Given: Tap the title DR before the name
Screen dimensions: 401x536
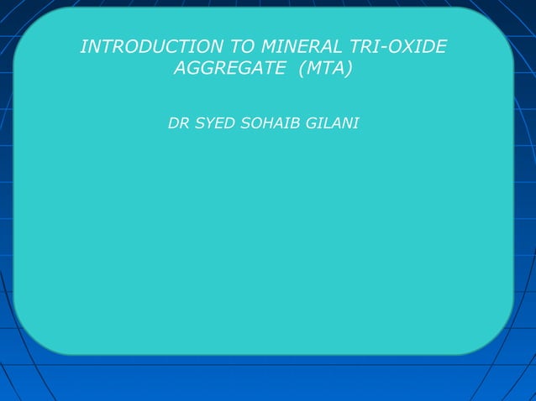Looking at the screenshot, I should point(178,123).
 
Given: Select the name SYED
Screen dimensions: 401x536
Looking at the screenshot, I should point(215,123).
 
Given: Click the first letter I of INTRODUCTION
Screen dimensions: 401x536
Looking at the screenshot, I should point(82,47).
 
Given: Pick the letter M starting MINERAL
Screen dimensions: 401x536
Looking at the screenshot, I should point(270,47).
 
